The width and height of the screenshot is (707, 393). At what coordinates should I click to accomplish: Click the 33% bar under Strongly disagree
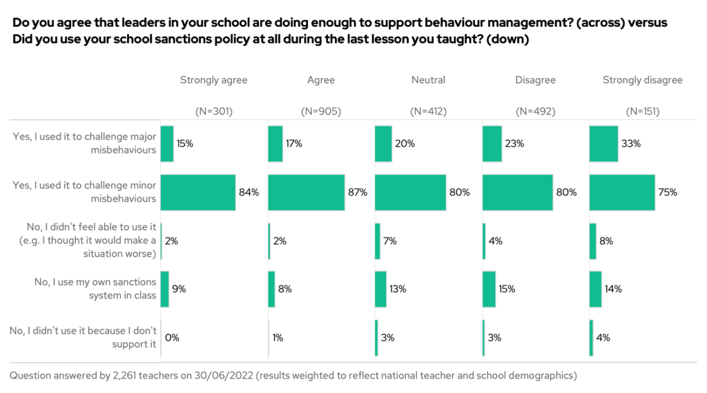[x=603, y=144]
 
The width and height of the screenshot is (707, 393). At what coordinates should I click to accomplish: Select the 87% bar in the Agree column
[x=306, y=192]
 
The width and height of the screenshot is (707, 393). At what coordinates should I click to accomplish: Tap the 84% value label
[x=249, y=193]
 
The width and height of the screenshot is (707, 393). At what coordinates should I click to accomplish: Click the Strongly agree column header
[x=213, y=80]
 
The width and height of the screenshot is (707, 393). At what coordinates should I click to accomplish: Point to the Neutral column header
[x=428, y=80]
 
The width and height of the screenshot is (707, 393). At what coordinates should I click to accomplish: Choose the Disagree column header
[x=535, y=80]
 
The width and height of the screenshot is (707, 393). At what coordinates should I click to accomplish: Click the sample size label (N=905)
[x=321, y=111]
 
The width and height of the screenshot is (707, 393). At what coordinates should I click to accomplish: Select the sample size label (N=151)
[x=642, y=111]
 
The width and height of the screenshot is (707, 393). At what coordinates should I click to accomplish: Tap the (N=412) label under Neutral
[x=428, y=111]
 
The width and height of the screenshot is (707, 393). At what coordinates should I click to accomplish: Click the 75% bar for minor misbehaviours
[x=621, y=192]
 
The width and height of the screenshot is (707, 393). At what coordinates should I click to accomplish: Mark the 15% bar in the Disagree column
[x=489, y=289]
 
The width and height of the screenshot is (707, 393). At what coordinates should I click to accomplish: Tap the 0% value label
[x=173, y=338]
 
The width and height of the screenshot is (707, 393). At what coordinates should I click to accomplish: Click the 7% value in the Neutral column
[x=390, y=241]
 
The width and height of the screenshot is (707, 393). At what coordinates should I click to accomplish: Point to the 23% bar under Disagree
[x=492, y=144]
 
